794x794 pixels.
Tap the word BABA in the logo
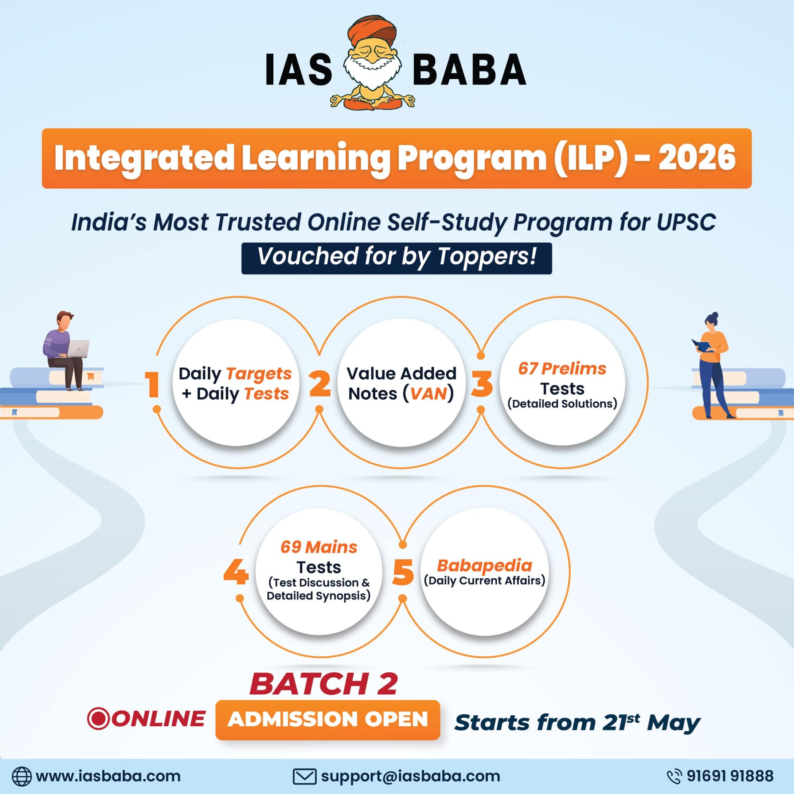469,70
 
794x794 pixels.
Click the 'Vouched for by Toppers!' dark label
397,258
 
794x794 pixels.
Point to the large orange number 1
152,385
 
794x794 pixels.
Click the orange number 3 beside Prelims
482,384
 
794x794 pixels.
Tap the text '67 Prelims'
562,369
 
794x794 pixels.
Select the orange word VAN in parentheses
429,394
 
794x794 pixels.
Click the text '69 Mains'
319,547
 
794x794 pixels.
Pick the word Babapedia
485,566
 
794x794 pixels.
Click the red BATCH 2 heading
323,684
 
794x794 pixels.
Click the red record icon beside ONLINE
98,718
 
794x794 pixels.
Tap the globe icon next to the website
21,776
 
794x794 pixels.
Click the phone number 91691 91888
730,776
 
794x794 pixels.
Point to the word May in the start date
673,723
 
